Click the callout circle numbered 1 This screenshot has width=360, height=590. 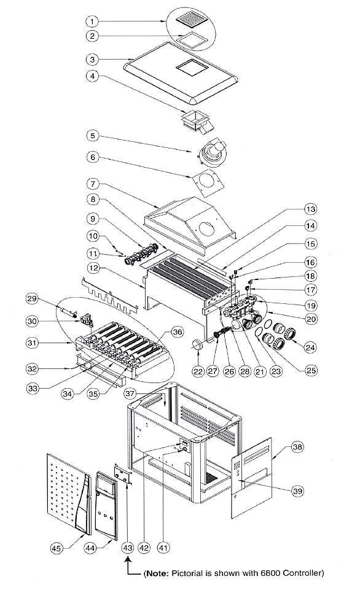click(x=93, y=21)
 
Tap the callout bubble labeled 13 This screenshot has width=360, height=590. click(x=310, y=209)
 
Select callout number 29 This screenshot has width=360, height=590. click(x=33, y=299)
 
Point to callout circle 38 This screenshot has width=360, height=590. click(x=297, y=447)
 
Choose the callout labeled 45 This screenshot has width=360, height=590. click(x=57, y=549)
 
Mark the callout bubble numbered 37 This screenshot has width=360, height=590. click(x=130, y=394)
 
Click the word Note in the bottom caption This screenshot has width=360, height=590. click(x=156, y=573)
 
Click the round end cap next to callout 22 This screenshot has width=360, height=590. click(x=198, y=344)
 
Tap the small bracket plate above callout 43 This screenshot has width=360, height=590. click(x=123, y=473)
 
